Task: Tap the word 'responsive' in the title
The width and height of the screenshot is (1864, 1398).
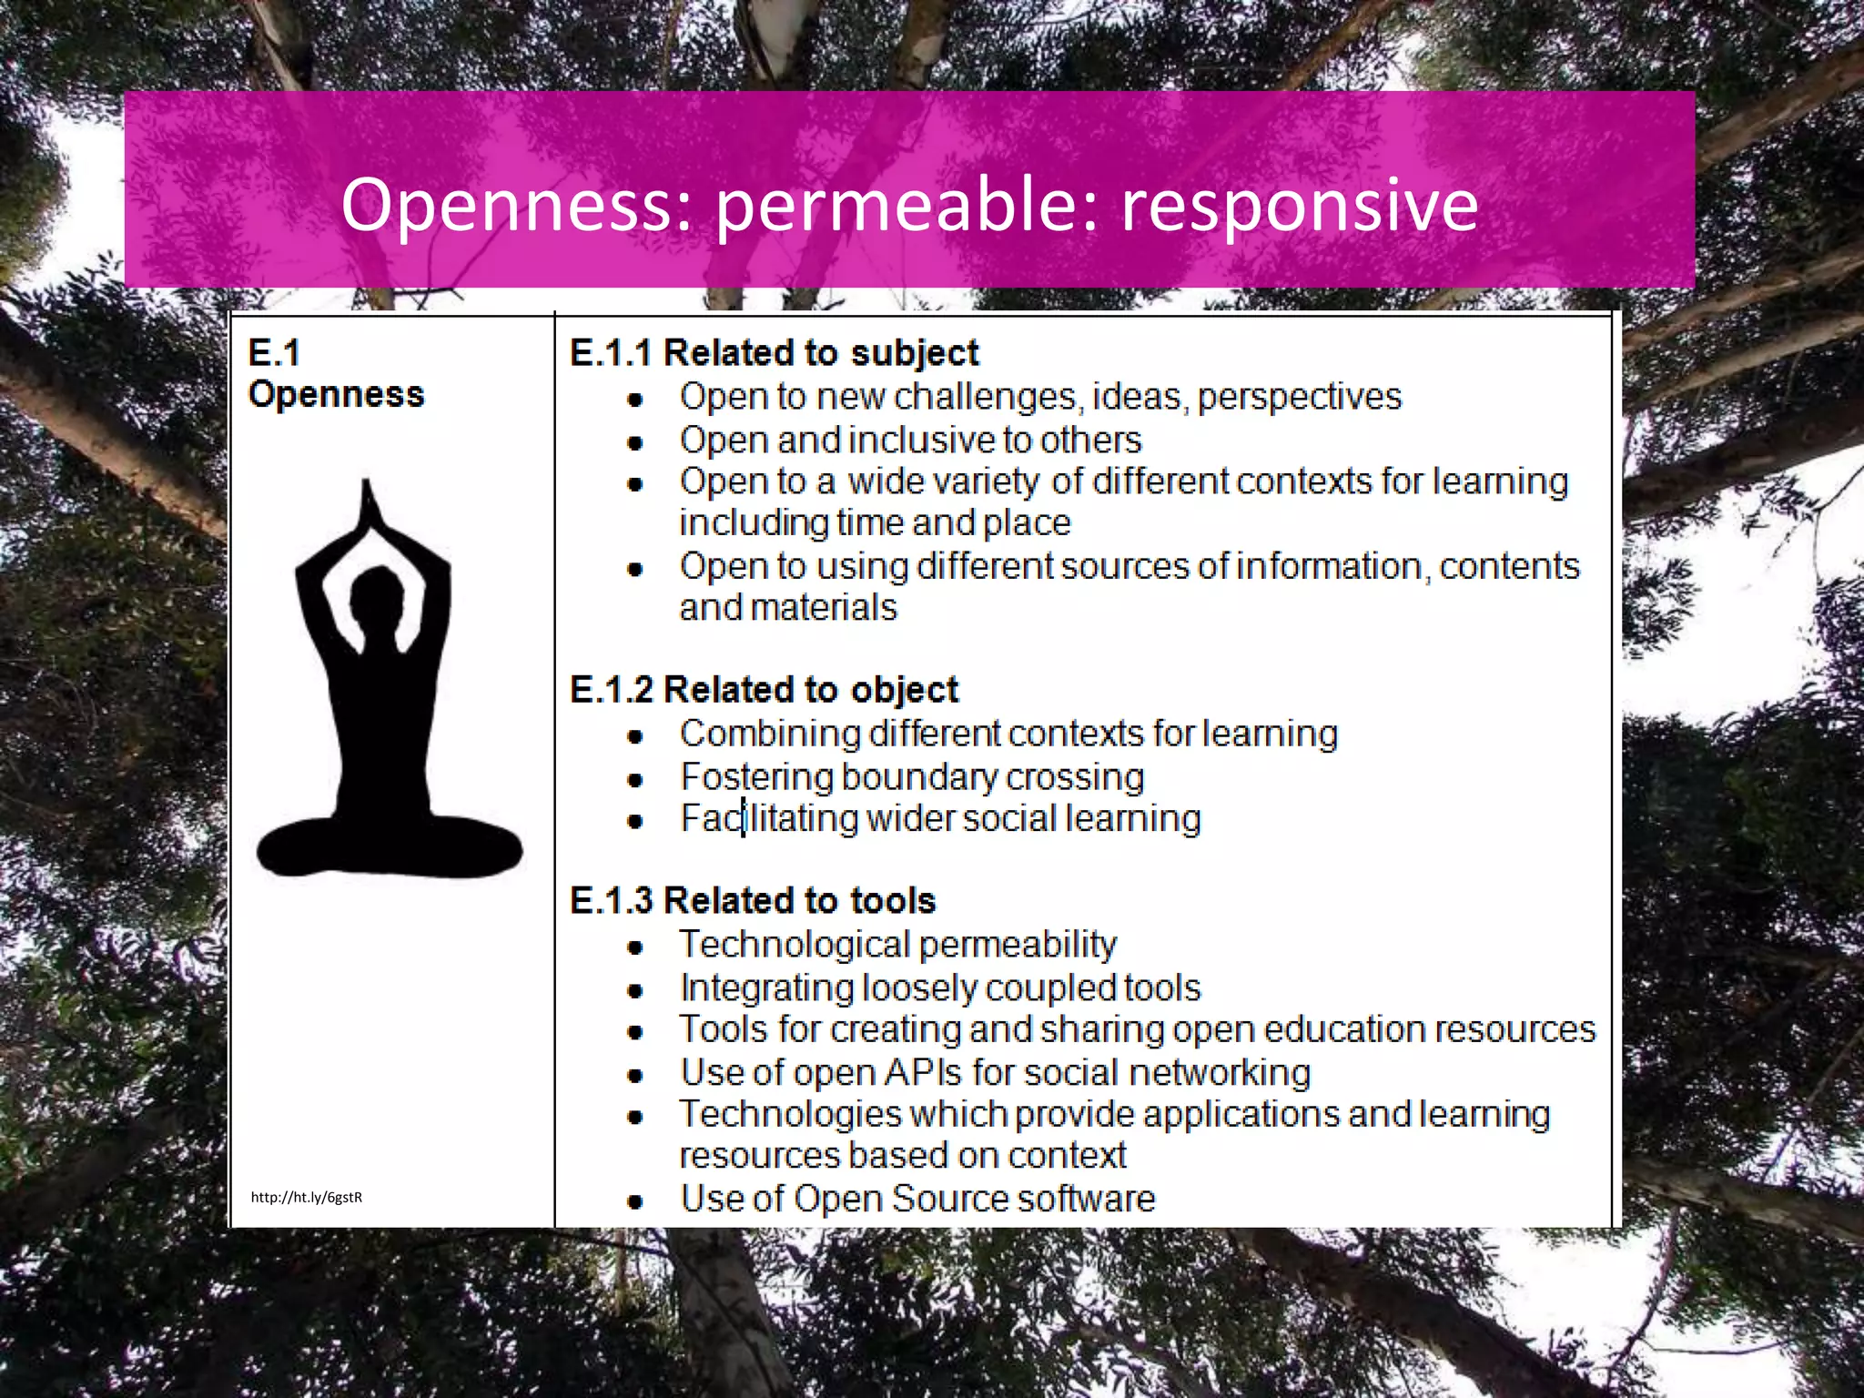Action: coord(1299,205)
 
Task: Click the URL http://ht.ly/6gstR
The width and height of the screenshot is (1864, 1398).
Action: coord(307,1197)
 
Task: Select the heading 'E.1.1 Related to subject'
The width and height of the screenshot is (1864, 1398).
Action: coord(774,353)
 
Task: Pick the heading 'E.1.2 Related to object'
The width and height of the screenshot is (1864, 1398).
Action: coord(764,690)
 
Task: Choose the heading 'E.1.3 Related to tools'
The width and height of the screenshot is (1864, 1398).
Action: coord(753,900)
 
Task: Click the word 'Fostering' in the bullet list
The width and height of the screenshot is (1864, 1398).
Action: coord(756,777)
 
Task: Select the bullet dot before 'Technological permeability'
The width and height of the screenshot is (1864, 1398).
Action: coord(635,947)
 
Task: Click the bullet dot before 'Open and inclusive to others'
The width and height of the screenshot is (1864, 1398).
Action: coord(635,443)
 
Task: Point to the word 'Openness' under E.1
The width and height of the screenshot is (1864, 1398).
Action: coord(336,394)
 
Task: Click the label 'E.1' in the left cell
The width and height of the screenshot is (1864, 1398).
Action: coord(273,353)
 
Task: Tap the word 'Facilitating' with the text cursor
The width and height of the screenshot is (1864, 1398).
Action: coord(769,818)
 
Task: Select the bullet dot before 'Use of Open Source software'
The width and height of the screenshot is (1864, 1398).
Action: coord(635,1201)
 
